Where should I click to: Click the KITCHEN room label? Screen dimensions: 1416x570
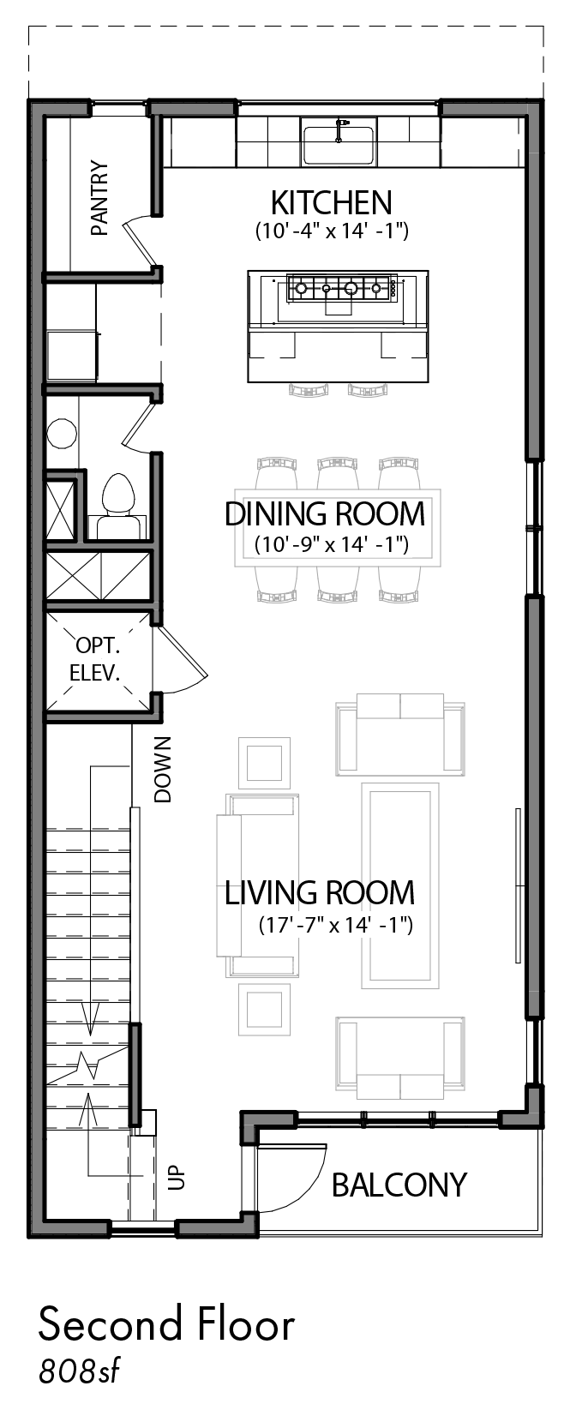pyautogui.click(x=331, y=203)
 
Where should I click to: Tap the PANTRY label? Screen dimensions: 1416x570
pyautogui.click(x=100, y=198)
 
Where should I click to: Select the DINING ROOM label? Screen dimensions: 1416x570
pyautogui.click(x=324, y=514)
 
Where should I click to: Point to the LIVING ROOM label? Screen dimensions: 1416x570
pyautogui.click(x=320, y=892)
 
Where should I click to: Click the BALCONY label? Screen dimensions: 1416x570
pyautogui.click(x=399, y=1185)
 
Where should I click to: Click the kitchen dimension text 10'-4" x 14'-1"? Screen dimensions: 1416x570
pyautogui.click(x=331, y=231)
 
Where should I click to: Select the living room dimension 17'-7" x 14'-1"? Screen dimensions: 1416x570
pyautogui.click(x=336, y=925)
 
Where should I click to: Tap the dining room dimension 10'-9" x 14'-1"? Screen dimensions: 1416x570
pyautogui.click(x=331, y=543)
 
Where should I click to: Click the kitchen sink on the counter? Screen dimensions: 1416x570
pyautogui.click(x=338, y=144)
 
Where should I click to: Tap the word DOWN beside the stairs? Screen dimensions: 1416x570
pyautogui.click(x=163, y=769)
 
